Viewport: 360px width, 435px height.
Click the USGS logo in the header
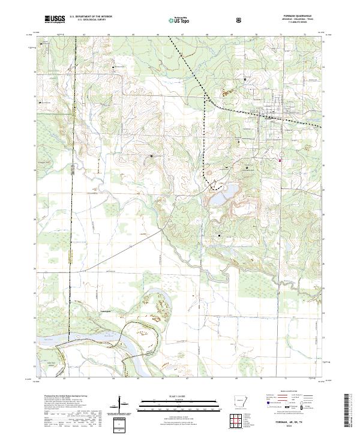click(x=55, y=19)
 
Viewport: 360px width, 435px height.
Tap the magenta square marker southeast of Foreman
click(x=280, y=160)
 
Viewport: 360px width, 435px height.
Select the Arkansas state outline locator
click(x=238, y=401)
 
